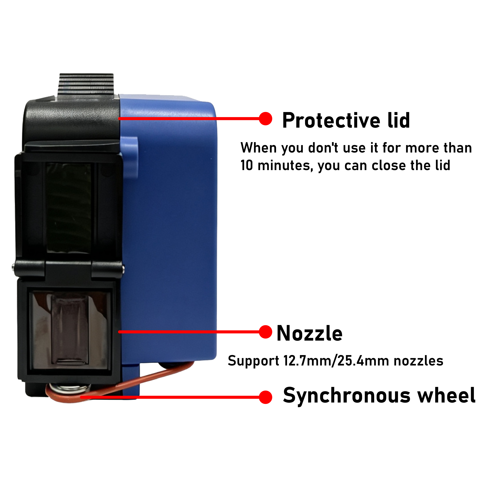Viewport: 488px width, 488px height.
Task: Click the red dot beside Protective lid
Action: pos(266,118)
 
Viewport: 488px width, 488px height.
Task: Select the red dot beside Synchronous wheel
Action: pos(266,397)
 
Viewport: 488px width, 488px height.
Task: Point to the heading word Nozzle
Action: pos(309,333)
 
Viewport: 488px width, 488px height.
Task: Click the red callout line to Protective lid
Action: pos(189,118)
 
